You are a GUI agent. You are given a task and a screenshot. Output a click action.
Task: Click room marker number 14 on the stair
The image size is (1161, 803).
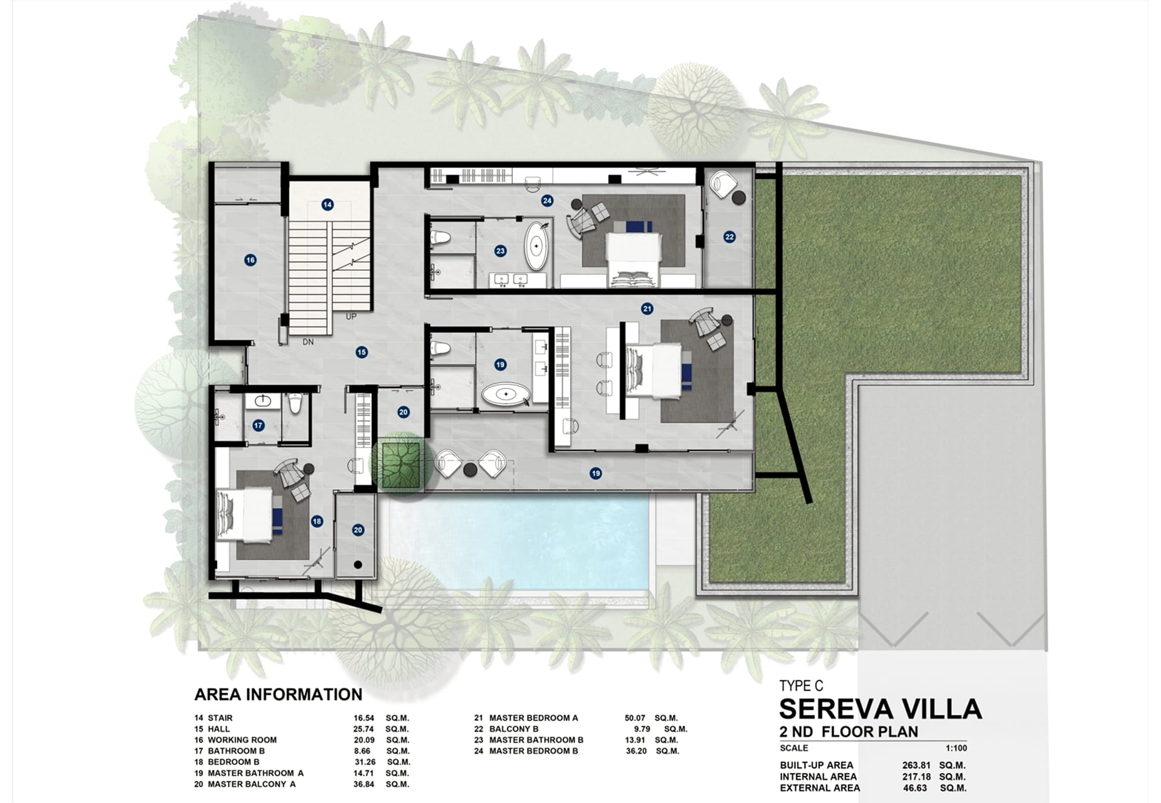[x=327, y=205]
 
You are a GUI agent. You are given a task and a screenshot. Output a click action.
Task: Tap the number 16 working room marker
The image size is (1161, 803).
[x=250, y=260]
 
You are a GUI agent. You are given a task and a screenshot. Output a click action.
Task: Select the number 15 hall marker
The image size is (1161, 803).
[x=362, y=352]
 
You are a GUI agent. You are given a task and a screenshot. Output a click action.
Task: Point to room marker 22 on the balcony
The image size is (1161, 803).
[x=729, y=237]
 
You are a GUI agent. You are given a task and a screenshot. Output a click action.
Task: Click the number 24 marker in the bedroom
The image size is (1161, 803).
[x=547, y=200]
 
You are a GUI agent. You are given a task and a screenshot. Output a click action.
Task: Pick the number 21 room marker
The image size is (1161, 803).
[x=647, y=309]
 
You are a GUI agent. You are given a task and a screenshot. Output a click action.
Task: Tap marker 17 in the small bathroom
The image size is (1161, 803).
[x=258, y=426]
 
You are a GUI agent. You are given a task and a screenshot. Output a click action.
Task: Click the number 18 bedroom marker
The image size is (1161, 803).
[x=317, y=521]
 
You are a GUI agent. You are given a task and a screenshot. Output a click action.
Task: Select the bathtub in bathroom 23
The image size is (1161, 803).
[x=536, y=247]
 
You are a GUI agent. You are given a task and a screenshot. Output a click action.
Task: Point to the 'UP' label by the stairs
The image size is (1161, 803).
[x=351, y=317]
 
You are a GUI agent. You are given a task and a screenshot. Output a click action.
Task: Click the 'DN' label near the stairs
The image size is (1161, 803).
[x=308, y=342]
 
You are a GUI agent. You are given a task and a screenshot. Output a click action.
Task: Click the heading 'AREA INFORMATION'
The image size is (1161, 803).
[x=278, y=694]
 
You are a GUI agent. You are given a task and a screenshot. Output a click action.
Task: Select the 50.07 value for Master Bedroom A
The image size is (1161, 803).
[x=635, y=718]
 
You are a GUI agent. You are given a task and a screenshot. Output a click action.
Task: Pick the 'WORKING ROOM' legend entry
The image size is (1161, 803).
[x=242, y=740]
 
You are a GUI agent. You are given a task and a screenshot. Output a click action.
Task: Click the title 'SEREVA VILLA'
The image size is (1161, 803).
[x=880, y=709]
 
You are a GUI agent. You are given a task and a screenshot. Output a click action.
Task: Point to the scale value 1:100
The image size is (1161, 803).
[x=957, y=748]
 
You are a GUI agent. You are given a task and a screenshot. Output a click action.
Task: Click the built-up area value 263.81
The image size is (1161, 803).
[x=916, y=765]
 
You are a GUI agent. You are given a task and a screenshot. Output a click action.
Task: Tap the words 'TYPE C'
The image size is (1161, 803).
[x=801, y=686]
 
